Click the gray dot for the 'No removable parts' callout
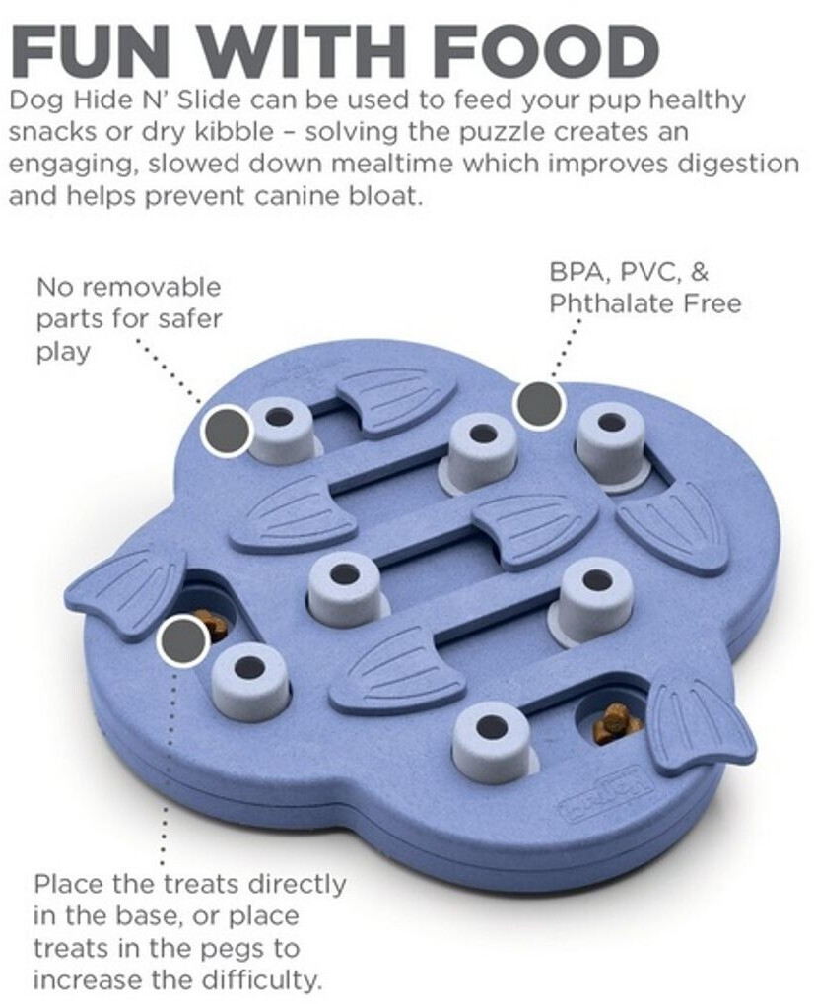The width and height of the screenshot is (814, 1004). point(226,429)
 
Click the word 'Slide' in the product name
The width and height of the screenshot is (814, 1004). point(209,100)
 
